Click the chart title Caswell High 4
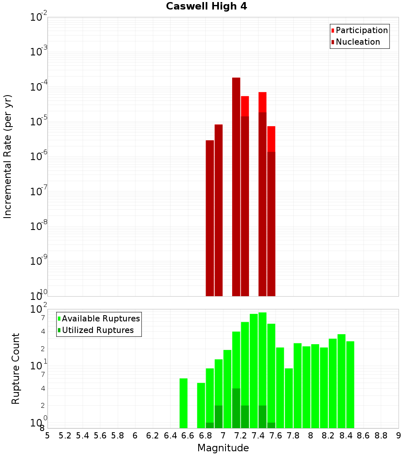tap(206, 7)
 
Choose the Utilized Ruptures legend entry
tap(97, 330)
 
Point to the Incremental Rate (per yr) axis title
tap(8, 156)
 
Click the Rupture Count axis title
tap(16, 368)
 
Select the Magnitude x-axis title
tap(223, 448)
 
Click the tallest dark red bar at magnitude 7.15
tap(236, 186)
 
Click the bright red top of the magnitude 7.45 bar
tap(263, 102)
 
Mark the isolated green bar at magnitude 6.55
tap(183, 403)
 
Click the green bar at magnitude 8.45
tap(350, 385)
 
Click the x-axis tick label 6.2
tap(153, 436)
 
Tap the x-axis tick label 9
tap(399, 436)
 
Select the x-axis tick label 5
tap(47, 436)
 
